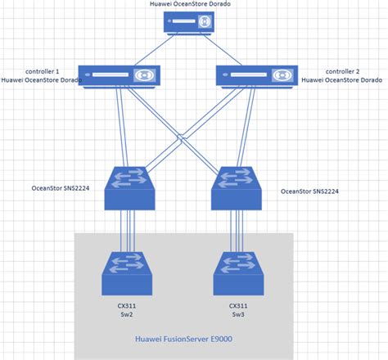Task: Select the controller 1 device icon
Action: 120,76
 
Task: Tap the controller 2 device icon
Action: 255,76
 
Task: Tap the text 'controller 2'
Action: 344,71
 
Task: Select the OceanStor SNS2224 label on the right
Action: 310,191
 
